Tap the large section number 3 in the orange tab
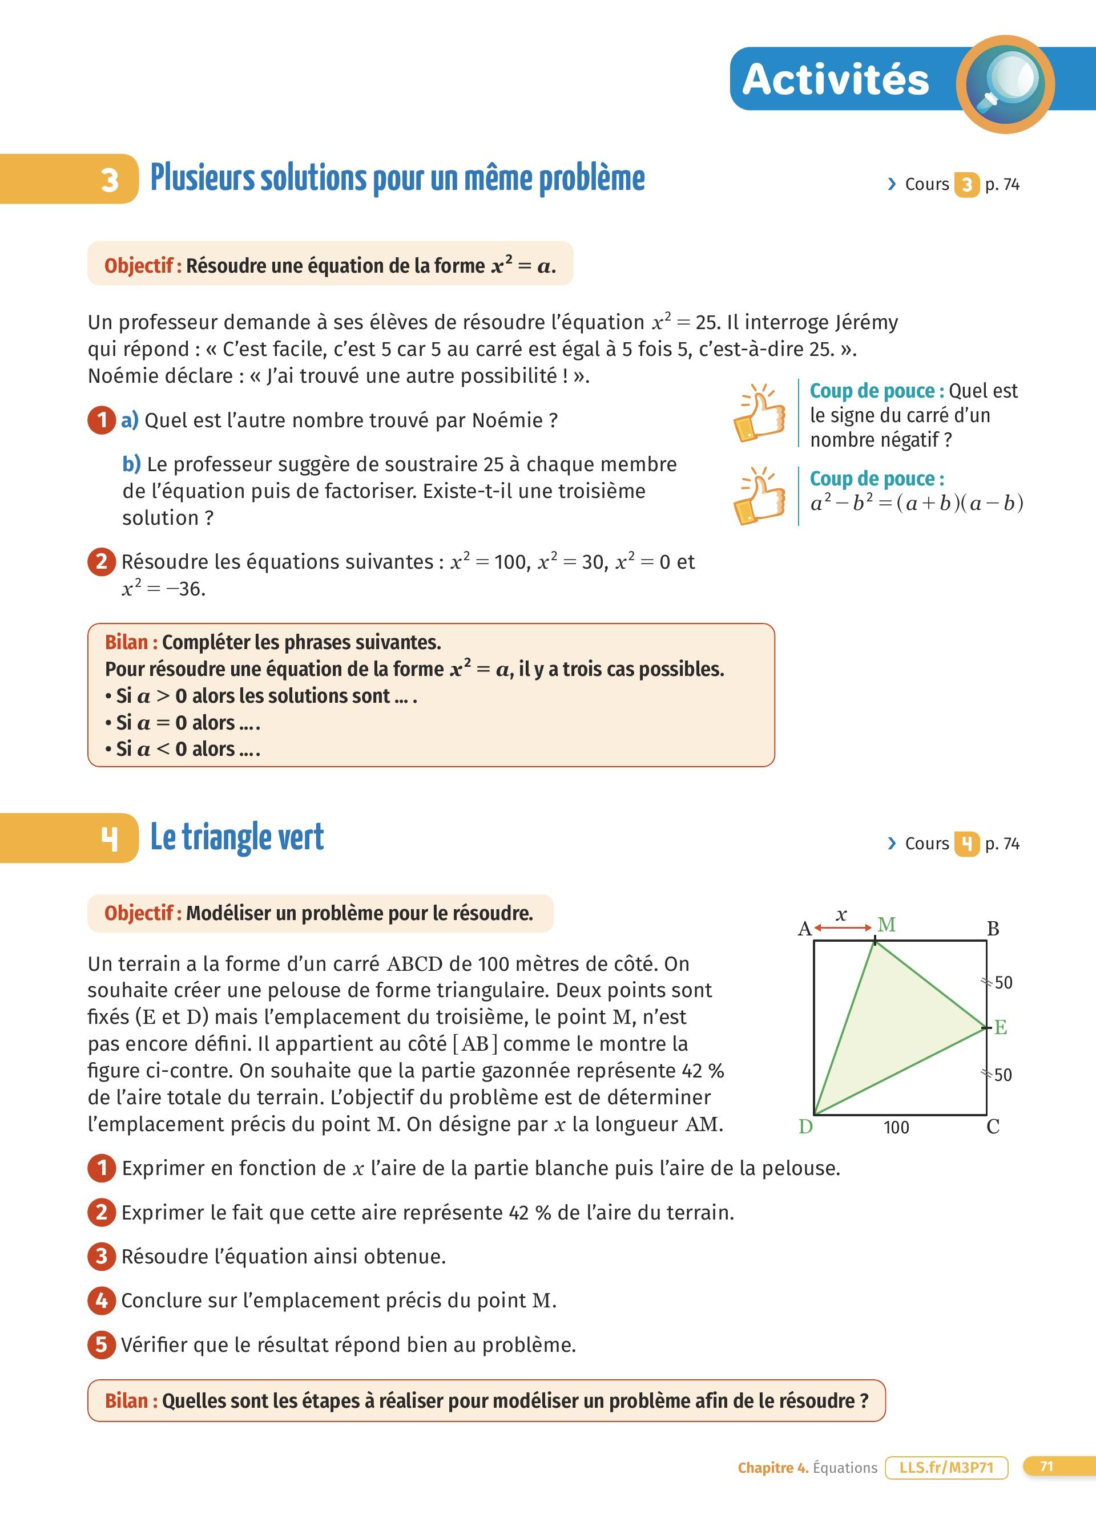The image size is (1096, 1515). [110, 180]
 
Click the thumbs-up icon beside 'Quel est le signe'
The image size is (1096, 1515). [759, 413]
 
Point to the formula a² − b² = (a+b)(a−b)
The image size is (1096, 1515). [916, 503]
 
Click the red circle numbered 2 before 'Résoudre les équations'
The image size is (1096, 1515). [102, 561]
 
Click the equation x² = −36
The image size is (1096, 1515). [164, 589]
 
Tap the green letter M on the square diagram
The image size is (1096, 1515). [886, 925]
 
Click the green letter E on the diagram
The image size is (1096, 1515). [1001, 1027]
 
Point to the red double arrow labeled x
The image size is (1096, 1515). [843, 927]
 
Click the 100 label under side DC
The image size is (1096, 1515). [896, 1128]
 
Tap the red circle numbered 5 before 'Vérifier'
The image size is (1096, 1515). [102, 1344]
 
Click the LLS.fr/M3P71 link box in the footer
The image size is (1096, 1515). [946, 1468]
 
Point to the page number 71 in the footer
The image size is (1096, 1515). [1046, 1467]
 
